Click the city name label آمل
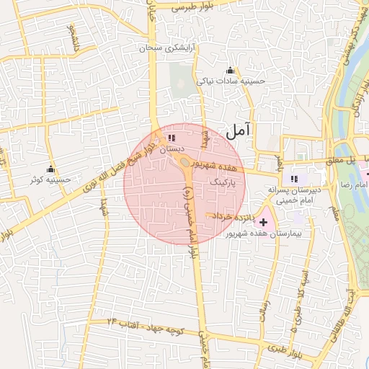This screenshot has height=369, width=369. coord(239,130)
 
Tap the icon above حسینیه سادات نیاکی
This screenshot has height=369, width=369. coord(230,70)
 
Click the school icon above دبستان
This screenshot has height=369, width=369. coord(171,137)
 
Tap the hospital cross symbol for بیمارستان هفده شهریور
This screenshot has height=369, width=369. coord(263,222)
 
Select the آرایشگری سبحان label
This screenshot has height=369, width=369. coord(170,48)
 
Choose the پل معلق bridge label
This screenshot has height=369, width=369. coord(339,160)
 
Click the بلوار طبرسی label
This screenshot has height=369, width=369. coord(192,6)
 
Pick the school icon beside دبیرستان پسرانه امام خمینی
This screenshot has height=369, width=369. coord(293,179)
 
